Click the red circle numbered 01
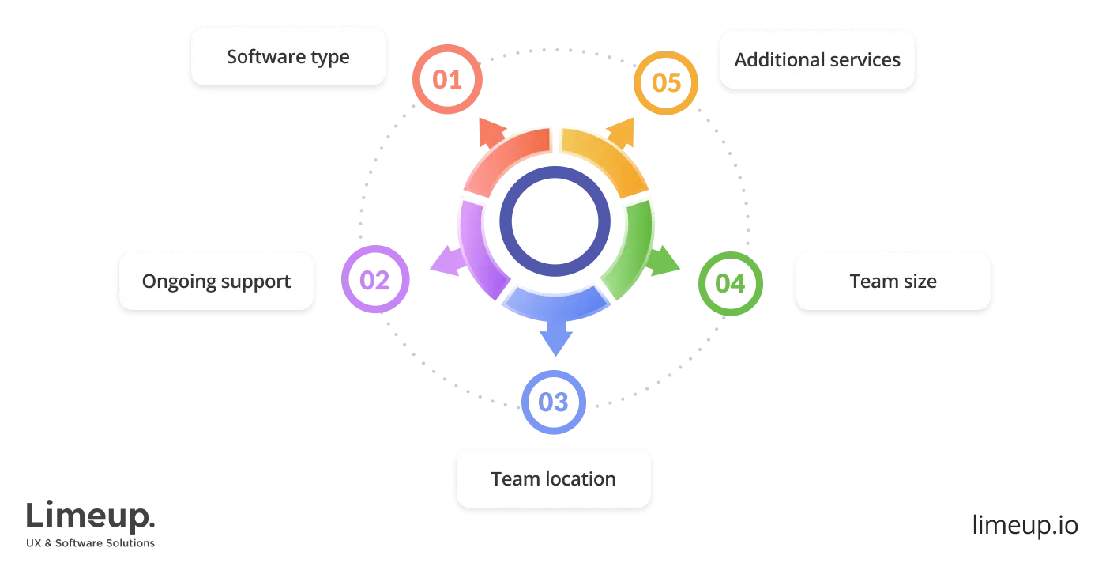[447, 79]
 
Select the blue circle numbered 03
[555, 401]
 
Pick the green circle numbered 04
[730, 283]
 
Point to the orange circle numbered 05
[667, 82]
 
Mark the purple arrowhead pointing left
[443, 262]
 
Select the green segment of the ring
[632, 249]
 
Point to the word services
[861, 60]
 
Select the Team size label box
[893, 281]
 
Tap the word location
[579, 479]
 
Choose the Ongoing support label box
[216, 281]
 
